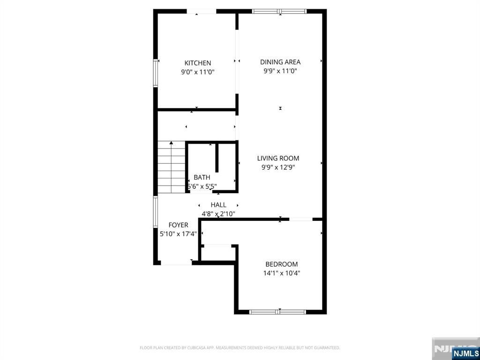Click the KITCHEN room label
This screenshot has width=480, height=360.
click(x=197, y=63)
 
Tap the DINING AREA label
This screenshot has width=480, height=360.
click(x=280, y=62)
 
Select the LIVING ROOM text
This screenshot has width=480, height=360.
click(x=278, y=158)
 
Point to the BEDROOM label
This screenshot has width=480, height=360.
click(x=281, y=264)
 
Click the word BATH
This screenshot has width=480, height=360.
click(x=202, y=178)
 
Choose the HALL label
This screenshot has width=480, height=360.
click(x=218, y=205)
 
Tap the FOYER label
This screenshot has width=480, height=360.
click(x=179, y=225)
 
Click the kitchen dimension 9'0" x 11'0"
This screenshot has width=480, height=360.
click(x=197, y=72)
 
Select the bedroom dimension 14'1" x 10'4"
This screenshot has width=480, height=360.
click(x=281, y=273)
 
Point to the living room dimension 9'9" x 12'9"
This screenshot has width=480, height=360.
click(x=278, y=167)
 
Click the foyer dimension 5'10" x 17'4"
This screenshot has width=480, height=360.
click(x=179, y=234)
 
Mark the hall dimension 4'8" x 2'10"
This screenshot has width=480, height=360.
click(x=218, y=214)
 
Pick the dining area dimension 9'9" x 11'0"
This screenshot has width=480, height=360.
click(x=280, y=71)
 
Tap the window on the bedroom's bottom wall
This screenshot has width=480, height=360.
click(x=277, y=311)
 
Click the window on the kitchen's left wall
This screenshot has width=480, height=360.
click(x=156, y=73)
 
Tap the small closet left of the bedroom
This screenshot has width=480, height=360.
click(x=218, y=253)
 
